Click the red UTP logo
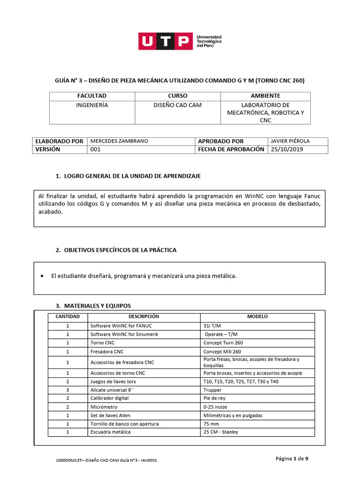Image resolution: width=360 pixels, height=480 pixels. coord(165,41)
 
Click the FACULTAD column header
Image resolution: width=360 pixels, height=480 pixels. coord(92,96)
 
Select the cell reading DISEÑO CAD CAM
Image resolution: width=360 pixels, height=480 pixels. coord(177,105)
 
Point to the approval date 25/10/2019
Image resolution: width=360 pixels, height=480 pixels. coord(286,150)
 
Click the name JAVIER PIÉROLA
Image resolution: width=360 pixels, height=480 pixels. coord(290,141)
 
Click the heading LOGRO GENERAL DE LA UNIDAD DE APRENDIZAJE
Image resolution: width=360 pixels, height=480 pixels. coord(132,176)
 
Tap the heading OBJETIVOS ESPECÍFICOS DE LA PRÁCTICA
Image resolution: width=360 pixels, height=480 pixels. coord(120,250)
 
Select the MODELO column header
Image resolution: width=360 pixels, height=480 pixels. coord(257,317)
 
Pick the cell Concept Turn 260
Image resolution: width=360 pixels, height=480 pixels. coord(223,343)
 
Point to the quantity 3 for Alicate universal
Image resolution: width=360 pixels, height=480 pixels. coord(67,390)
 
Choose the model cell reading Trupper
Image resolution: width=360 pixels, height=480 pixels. coord(212,390)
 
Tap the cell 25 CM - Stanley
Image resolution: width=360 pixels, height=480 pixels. coord(221,432)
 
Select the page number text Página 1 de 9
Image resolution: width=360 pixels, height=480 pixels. coord(292,459)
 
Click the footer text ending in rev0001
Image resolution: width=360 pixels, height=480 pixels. coord(106,460)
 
